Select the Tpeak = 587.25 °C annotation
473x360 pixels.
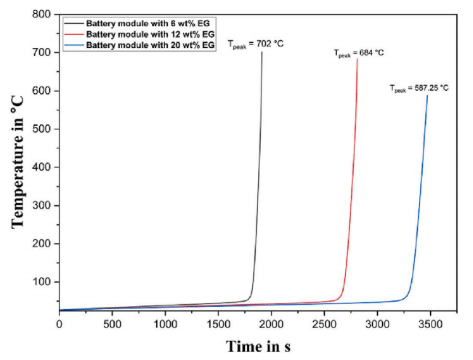tap(419, 89)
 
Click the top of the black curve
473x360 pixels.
tap(262, 52)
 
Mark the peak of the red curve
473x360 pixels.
tap(357, 60)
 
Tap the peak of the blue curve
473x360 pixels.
tap(427, 96)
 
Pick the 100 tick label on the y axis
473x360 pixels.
tap(44, 282)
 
